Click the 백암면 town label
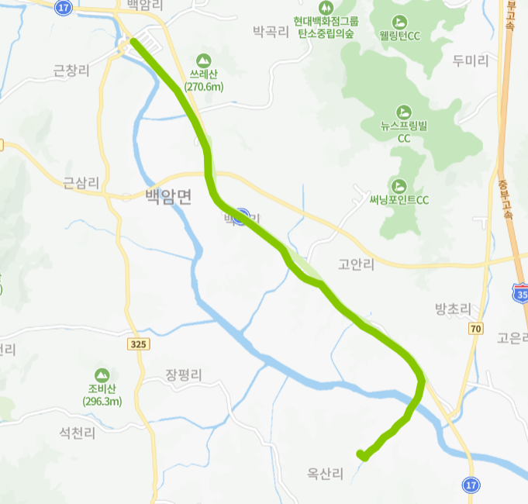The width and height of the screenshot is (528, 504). pyautogui.click(x=167, y=196)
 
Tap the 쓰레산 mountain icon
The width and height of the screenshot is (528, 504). pyautogui.click(x=203, y=60)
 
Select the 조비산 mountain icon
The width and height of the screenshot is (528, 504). pyautogui.click(x=102, y=375)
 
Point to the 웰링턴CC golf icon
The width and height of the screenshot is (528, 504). pyautogui.click(x=400, y=21)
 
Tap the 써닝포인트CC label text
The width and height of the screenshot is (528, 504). pyautogui.click(x=399, y=200)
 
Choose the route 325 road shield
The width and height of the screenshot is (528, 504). pyautogui.click(x=139, y=343)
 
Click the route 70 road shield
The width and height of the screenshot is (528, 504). pyautogui.click(x=475, y=329)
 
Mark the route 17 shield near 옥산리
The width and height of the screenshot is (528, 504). pyautogui.click(x=471, y=485)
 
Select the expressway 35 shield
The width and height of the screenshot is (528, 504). pyautogui.click(x=520, y=294)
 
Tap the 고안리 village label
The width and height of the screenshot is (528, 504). pyautogui.click(x=357, y=264)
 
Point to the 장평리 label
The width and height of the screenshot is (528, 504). pyautogui.click(x=183, y=375)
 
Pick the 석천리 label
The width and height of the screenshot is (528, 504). pyautogui.click(x=78, y=433)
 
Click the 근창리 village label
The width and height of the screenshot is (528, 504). pyautogui.click(x=71, y=71)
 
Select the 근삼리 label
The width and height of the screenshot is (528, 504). pyautogui.click(x=81, y=184)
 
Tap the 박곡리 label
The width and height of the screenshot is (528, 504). pyautogui.click(x=271, y=32)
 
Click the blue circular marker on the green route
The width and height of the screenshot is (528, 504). pyautogui.click(x=243, y=216)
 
